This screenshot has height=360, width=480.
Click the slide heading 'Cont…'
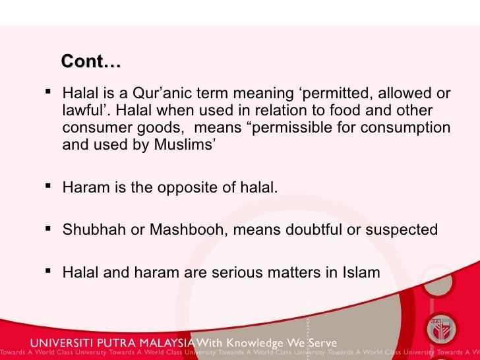tap(91, 62)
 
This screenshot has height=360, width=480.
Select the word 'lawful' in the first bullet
tap(82, 111)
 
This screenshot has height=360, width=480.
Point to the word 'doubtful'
tap(315, 229)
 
